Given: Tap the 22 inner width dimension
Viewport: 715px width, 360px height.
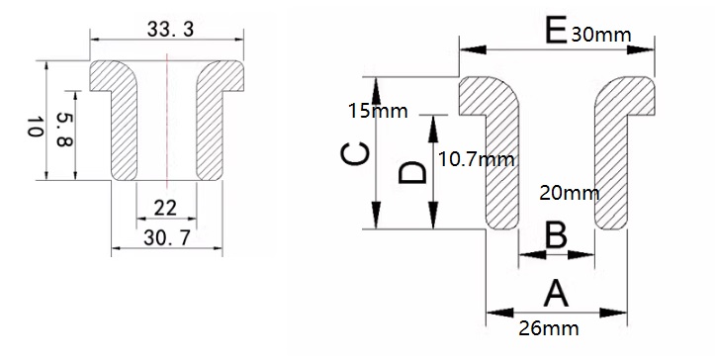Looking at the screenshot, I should coord(165,207).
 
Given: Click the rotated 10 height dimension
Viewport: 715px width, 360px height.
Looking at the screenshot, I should coord(33,127).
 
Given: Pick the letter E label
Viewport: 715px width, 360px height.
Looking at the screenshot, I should coord(556,32).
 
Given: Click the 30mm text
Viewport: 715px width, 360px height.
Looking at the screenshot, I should coord(601,35).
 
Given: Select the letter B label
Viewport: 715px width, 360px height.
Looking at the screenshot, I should coord(557,236).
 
